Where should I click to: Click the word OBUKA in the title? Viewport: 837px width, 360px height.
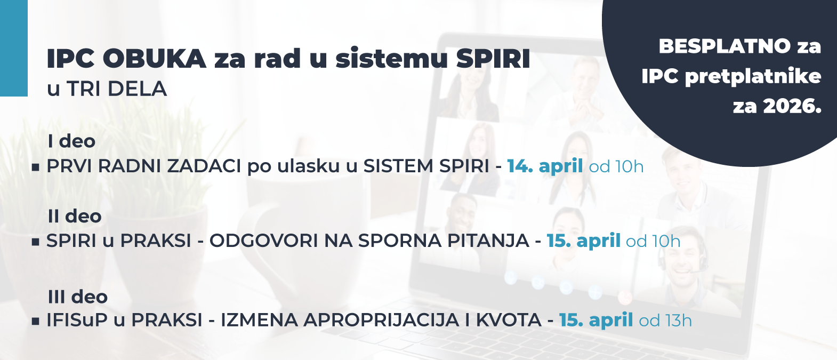click(x=154, y=59)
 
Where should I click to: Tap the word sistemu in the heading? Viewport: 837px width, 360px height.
click(x=392, y=59)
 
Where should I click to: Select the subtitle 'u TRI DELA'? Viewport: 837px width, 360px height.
click(x=107, y=89)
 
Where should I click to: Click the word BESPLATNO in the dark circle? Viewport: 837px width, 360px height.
click(x=725, y=46)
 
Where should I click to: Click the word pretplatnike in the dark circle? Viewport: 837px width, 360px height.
click(x=753, y=77)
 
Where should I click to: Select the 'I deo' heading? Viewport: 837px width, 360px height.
click(x=71, y=141)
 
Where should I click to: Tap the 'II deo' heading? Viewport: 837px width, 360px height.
click(x=74, y=217)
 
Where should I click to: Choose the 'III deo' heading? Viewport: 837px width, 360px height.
click(x=77, y=297)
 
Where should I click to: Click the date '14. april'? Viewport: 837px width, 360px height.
click(x=544, y=166)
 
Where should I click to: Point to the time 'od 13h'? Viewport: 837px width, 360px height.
click(x=665, y=321)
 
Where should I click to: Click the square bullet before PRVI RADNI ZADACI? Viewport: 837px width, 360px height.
click(x=36, y=167)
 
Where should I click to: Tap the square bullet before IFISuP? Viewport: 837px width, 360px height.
click(x=36, y=321)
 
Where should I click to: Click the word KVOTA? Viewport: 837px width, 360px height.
click(x=508, y=321)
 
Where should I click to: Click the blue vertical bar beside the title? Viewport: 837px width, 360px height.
click(x=13, y=48)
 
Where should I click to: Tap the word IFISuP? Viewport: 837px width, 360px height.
click(x=78, y=321)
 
